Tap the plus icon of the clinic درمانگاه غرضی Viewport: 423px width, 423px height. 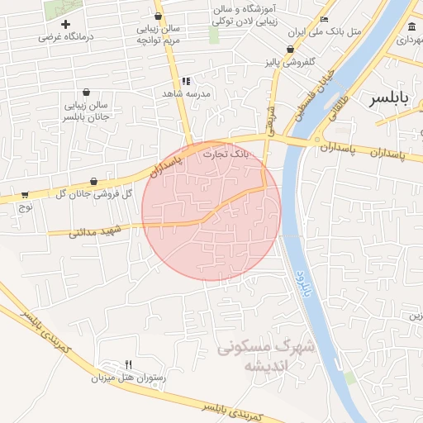65,24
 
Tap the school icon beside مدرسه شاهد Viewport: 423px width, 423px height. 186,81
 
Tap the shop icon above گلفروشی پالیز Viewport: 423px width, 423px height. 290,49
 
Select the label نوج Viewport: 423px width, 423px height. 26,208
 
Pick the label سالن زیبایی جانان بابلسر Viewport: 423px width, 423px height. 87,111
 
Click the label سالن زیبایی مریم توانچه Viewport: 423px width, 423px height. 159,34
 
